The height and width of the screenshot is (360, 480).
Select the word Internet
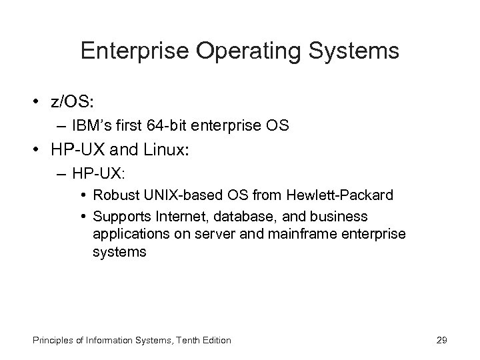(x=172, y=216)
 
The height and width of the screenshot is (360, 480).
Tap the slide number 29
(x=440, y=340)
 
